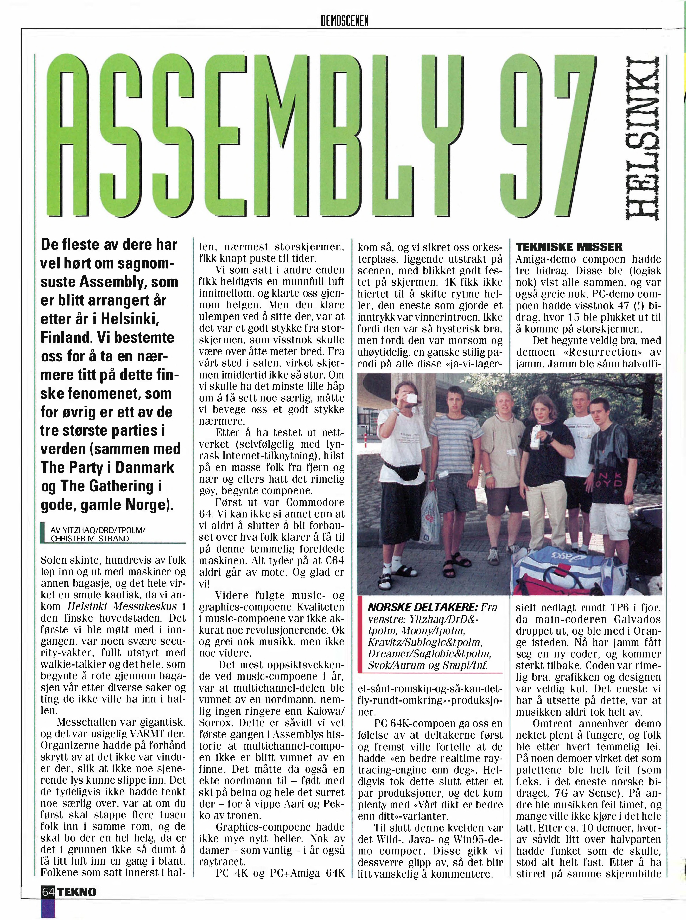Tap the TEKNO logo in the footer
point(77,892)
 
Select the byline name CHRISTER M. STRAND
point(90,539)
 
